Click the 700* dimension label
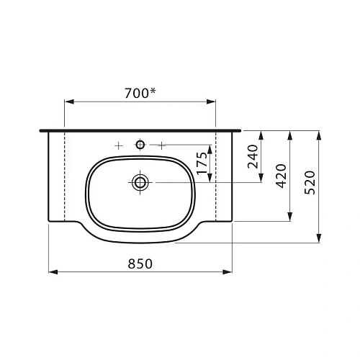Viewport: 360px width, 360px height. tap(141, 92)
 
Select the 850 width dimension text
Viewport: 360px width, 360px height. tap(141, 264)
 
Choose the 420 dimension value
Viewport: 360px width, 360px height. tap(282, 176)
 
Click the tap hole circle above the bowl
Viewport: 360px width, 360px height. tap(140, 145)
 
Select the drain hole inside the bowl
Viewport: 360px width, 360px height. tap(140, 182)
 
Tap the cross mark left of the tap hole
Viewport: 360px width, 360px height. tap(118, 145)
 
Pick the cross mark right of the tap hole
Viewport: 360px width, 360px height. tap(163, 145)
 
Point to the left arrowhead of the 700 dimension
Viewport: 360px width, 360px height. tap(68, 102)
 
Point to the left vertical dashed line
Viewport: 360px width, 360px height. tap(66, 176)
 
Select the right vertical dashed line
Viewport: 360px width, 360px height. tap(216, 176)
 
